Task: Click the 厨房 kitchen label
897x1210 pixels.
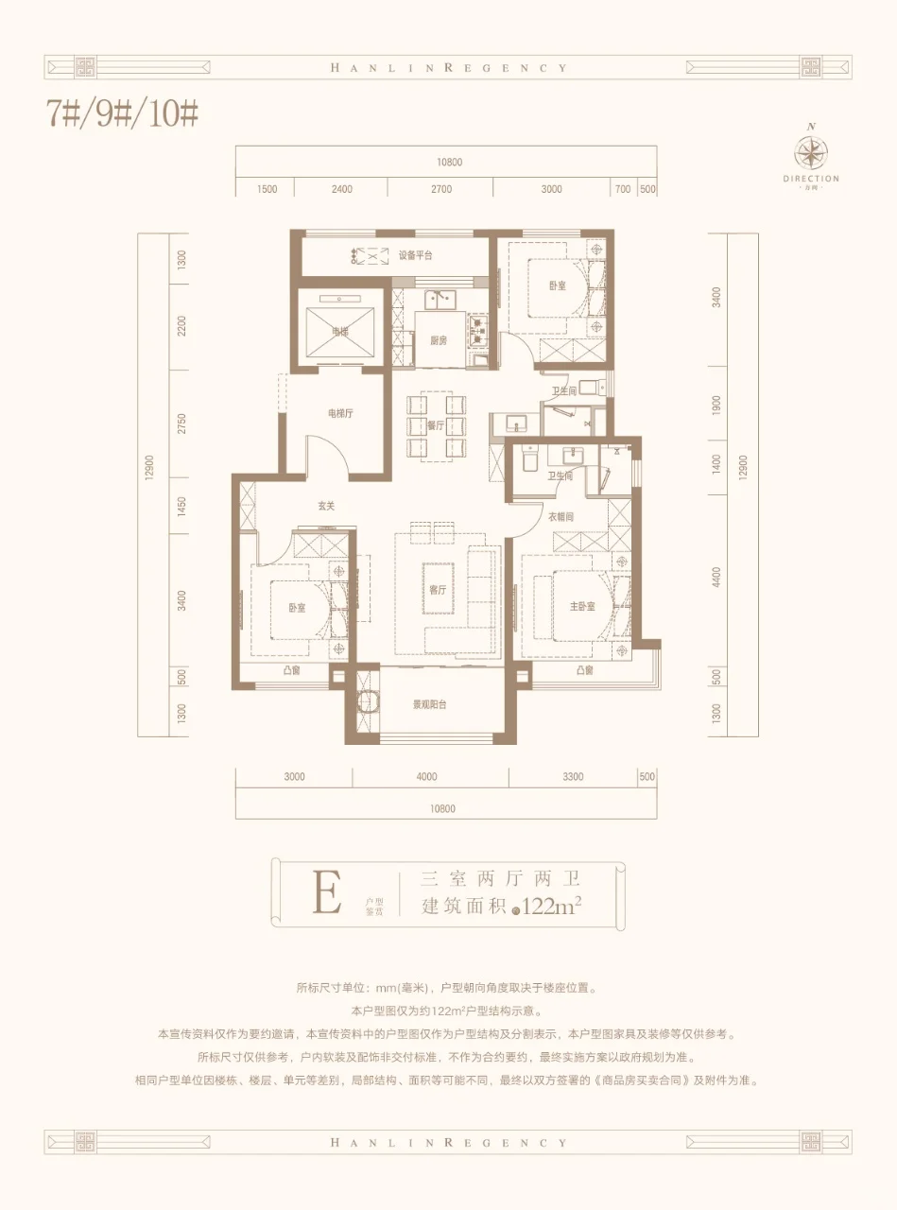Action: pyautogui.click(x=439, y=340)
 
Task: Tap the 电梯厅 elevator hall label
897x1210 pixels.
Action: pyautogui.click(x=340, y=413)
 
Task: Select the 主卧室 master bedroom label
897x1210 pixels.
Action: pyautogui.click(x=582, y=606)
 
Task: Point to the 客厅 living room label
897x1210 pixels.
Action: pyautogui.click(x=438, y=590)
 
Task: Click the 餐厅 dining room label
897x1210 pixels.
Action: pyautogui.click(x=436, y=425)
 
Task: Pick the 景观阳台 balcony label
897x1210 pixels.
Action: pyautogui.click(x=429, y=704)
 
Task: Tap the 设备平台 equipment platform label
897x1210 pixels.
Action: pyautogui.click(x=415, y=255)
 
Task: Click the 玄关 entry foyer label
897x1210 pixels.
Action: pyautogui.click(x=326, y=506)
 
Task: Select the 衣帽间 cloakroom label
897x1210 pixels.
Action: pyautogui.click(x=561, y=517)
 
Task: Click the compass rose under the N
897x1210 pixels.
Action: pyautogui.click(x=811, y=152)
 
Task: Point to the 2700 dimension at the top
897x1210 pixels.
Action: pyautogui.click(x=440, y=189)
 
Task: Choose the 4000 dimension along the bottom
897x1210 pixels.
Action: pyautogui.click(x=426, y=776)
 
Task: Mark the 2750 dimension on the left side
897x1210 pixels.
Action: pyautogui.click(x=181, y=423)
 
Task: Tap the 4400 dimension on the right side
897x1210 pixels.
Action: pyautogui.click(x=716, y=578)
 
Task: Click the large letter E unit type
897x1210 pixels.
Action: pyautogui.click(x=327, y=892)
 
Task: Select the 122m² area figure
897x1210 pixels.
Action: pyautogui.click(x=551, y=907)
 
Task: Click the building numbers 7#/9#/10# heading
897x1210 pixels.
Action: pyautogui.click(x=123, y=114)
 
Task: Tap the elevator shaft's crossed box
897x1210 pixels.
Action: pyautogui.click(x=340, y=332)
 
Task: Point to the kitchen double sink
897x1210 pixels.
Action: pyautogui.click(x=440, y=300)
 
